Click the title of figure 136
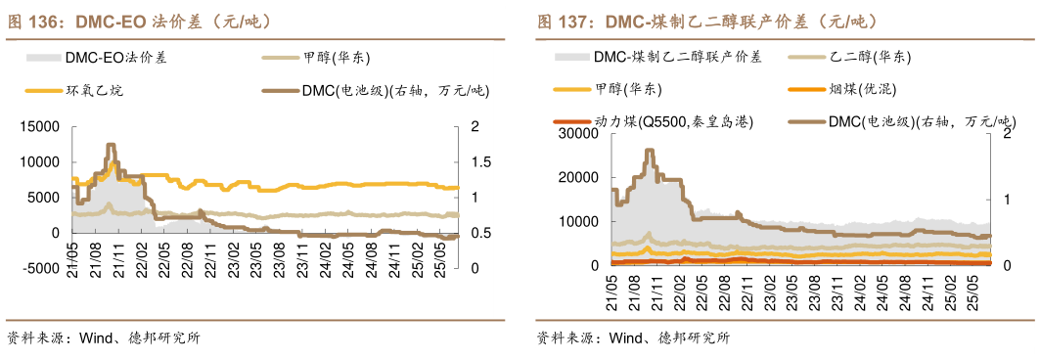point(138,21)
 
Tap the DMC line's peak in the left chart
point(112,146)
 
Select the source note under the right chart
point(632,338)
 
